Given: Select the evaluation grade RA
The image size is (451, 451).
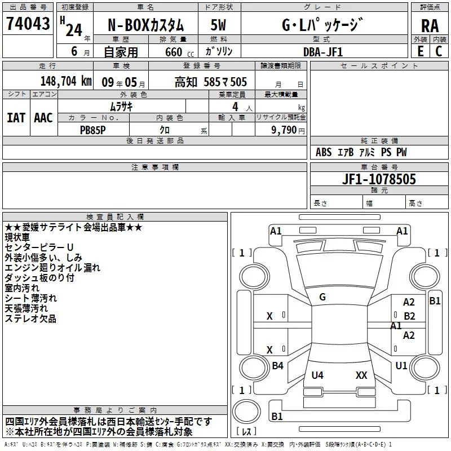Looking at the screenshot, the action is [430, 25].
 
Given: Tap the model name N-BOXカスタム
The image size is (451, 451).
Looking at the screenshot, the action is [145, 25].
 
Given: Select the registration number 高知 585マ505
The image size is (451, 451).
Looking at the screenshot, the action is [210, 82].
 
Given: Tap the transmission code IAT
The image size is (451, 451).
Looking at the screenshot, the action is [16, 117].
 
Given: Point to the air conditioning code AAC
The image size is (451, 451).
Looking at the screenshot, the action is [43, 117].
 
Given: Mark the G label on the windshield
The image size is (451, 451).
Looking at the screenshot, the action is [322, 297].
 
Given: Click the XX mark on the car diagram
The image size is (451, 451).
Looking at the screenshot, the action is [361, 375].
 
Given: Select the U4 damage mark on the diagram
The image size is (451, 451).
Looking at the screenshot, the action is [317, 375].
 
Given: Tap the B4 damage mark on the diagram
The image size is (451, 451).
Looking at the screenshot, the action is [277, 366].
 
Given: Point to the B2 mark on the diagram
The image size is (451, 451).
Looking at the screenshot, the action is [409, 316].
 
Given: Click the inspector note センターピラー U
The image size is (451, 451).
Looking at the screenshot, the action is [39, 247].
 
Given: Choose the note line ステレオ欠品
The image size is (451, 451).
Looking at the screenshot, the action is [30, 319].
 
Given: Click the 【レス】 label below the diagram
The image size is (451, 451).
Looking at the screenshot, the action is [246, 432].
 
